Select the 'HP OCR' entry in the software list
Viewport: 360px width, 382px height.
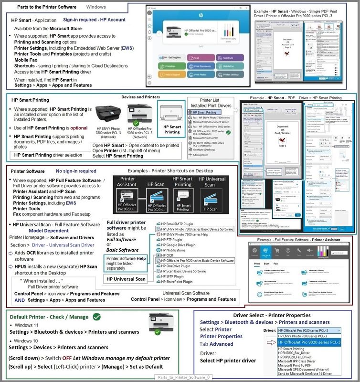[x=169, y=242]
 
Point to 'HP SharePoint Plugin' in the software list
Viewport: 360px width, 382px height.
[x=180, y=282]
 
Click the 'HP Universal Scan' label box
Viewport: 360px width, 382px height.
[x=127, y=279]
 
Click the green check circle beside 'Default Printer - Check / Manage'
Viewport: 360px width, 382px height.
[x=97, y=316]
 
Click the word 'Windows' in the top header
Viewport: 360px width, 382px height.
[x=96, y=7]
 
